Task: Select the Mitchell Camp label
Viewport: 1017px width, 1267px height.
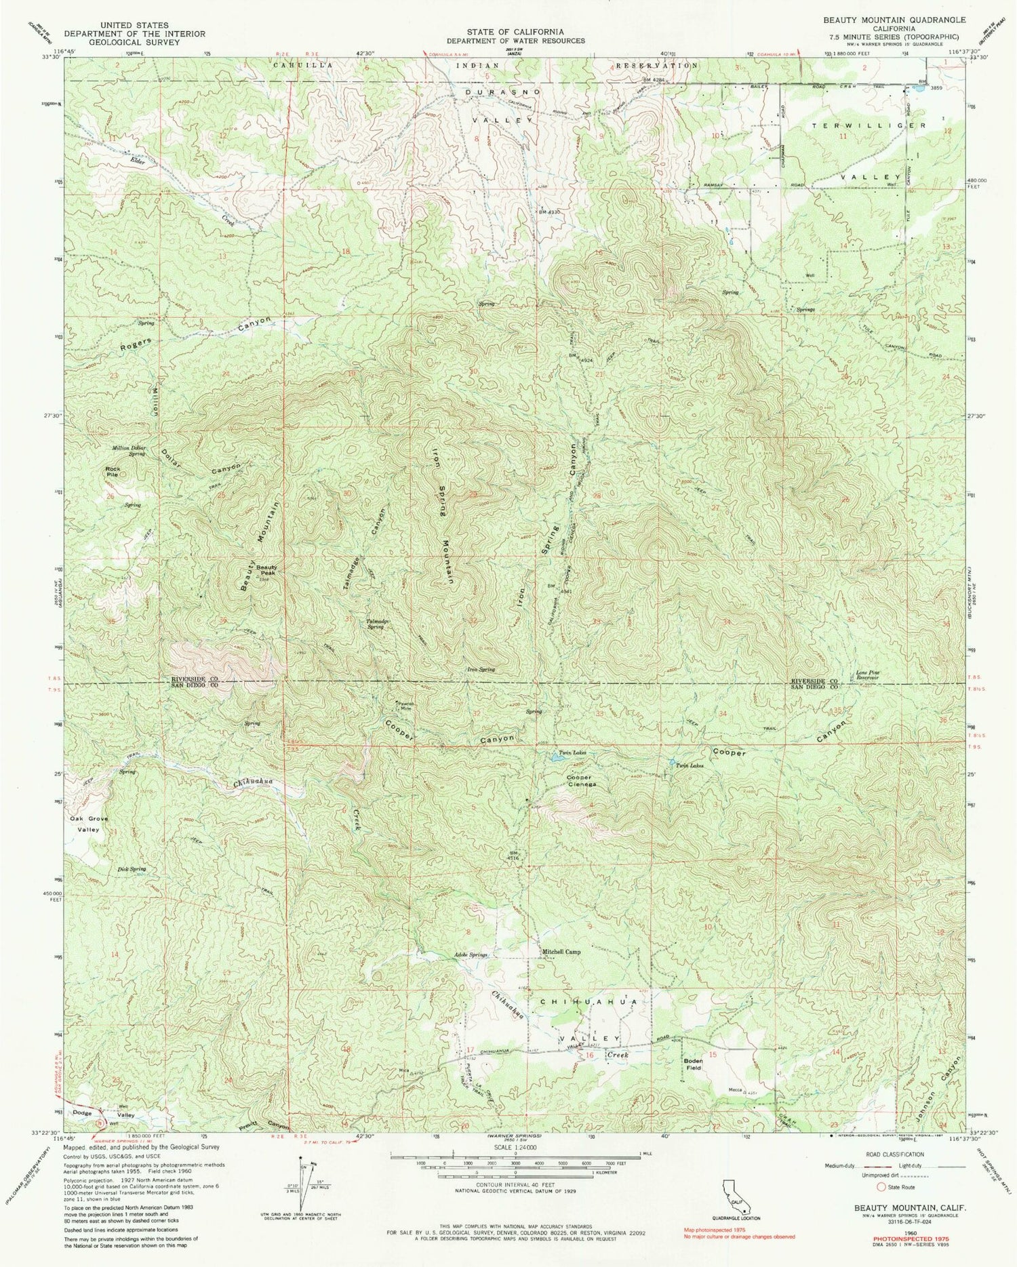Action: tap(560, 952)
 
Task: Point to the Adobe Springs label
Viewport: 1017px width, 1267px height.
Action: tap(471, 954)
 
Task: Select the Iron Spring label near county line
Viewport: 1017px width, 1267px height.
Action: tap(481, 669)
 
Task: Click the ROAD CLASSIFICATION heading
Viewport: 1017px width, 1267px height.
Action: tap(900, 1154)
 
